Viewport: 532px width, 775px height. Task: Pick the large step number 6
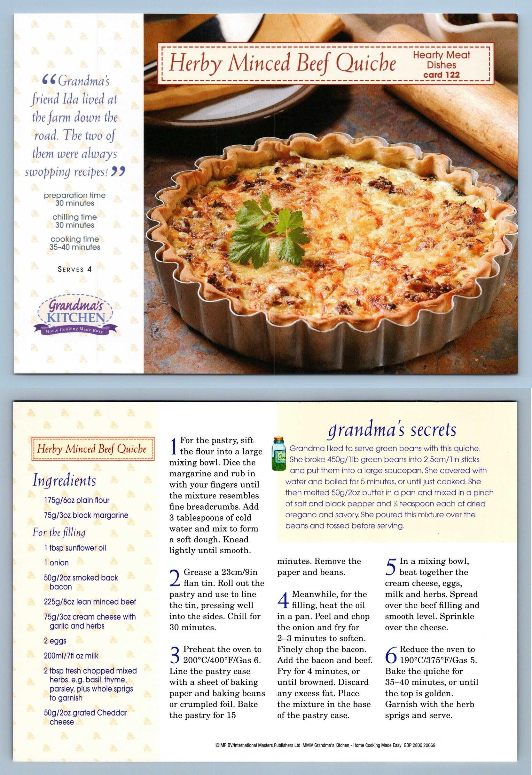(391, 655)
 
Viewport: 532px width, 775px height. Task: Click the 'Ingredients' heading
(64, 480)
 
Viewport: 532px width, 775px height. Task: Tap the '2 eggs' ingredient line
(55, 641)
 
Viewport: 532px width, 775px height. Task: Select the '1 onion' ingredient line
(56, 563)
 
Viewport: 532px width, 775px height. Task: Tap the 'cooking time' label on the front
(75, 239)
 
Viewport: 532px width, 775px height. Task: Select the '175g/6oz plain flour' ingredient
(76, 500)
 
